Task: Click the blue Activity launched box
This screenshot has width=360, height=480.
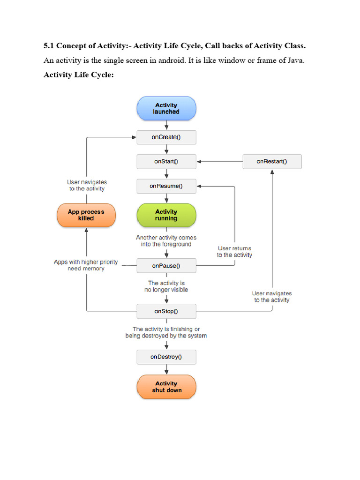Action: [x=166, y=109]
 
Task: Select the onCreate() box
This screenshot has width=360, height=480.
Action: [x=166, y=137]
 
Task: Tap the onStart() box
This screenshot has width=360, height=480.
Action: [x=166, y=162]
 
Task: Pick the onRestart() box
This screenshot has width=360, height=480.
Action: [x=272, y=162]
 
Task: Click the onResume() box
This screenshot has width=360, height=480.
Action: [x=166, y=186]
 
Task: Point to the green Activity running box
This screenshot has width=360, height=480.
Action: [x=166, y=215]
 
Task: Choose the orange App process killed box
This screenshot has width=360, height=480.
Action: [x=86, y=215]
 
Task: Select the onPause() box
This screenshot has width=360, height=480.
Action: [x=166, y=266]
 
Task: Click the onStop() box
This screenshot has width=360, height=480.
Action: [x=166, y=311]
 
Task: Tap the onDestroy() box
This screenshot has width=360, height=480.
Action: [x=166, y=357]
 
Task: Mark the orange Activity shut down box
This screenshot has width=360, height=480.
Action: [x=166, y=387]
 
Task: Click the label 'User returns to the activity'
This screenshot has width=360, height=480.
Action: [x=234, y=252]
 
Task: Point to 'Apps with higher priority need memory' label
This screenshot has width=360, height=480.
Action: [x=86, y=265]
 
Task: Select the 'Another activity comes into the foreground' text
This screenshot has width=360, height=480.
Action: [x=166, y=241]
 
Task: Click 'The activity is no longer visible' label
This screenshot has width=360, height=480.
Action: [x=166, y=286]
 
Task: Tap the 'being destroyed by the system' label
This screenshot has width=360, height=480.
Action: [x=166, y=336]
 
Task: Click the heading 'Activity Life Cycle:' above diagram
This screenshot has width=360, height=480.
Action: [x=79, y=75]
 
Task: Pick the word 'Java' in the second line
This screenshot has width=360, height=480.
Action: [x=294, y=60]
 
